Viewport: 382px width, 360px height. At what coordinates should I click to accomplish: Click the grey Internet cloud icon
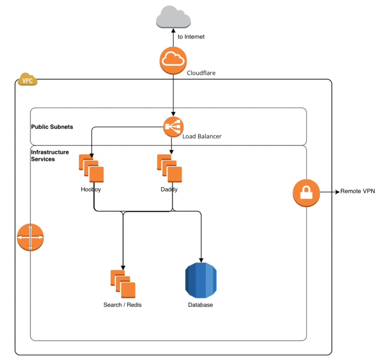coord(173,17)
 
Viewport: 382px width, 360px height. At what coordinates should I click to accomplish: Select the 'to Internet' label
coord(191,36)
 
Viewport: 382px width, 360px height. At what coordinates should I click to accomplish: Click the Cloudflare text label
coord(201,73)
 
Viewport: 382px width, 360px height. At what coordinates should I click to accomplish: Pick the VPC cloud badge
coord(27,80)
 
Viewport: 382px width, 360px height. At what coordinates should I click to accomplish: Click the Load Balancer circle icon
coord(173,127)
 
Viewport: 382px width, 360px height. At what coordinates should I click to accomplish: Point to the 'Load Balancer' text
coord(202,136)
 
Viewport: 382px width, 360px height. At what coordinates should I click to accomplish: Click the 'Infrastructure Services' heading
coord(49,155)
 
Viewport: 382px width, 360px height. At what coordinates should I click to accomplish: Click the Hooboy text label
coord(91,189)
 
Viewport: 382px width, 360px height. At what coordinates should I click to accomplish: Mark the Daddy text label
coord(169,189)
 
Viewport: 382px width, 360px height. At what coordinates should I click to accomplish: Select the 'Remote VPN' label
coord(357,191)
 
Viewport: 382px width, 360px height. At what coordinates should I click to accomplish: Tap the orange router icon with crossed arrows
coord(30,237)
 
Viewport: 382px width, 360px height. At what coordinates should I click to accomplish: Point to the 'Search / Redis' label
coord(123,305)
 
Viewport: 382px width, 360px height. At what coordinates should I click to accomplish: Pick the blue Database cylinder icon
coord(200,280)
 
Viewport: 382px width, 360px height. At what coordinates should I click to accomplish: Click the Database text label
coord(200,305)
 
